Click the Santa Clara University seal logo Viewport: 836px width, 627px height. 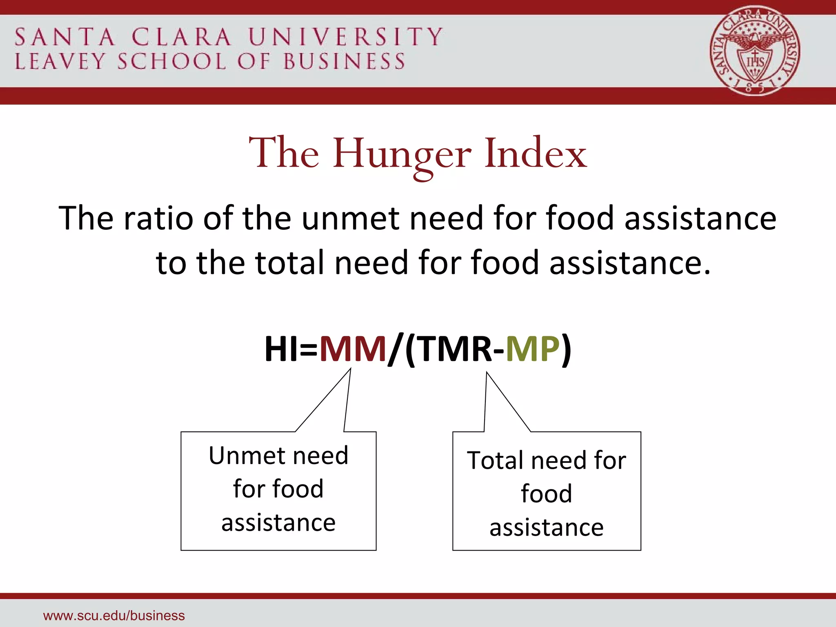pyautogui.click(x=755, y=51)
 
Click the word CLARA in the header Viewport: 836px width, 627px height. pyautogui.click(x=182, y=38)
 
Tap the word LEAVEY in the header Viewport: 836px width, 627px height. pyautogui.click(x=60, y=62)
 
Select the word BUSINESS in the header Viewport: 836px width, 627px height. pyautogui.click(x=344, y=62)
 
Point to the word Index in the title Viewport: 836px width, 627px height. pyautogui.click(x=536, y=153)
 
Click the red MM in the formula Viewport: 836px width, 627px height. pyautogui.click(x=353, y=349)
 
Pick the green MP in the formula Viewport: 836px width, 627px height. pyautogui.click(x=532, y=349)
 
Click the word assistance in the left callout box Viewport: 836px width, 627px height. pyautogui.click(x=279, y=523)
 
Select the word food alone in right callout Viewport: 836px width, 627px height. pyautogui.click(x=547, y=494)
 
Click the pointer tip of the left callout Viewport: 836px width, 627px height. pyautogui.click(x=350, y=369)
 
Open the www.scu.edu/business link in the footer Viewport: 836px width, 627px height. pyautogui.click(x=114, y=616)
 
